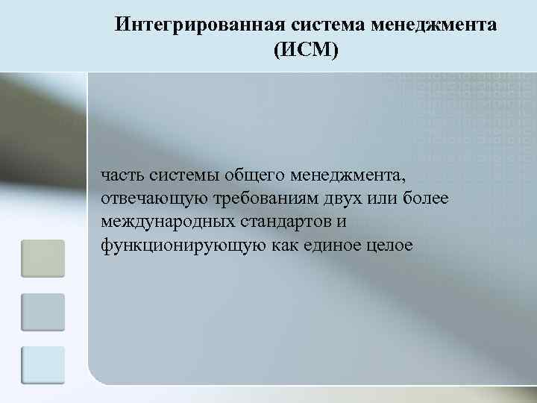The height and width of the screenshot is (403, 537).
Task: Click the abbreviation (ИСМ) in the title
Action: pos(306,50)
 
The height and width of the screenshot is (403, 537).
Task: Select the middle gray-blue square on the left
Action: pos(43,312)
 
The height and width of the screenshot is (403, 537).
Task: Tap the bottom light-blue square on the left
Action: pos(43,365)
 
